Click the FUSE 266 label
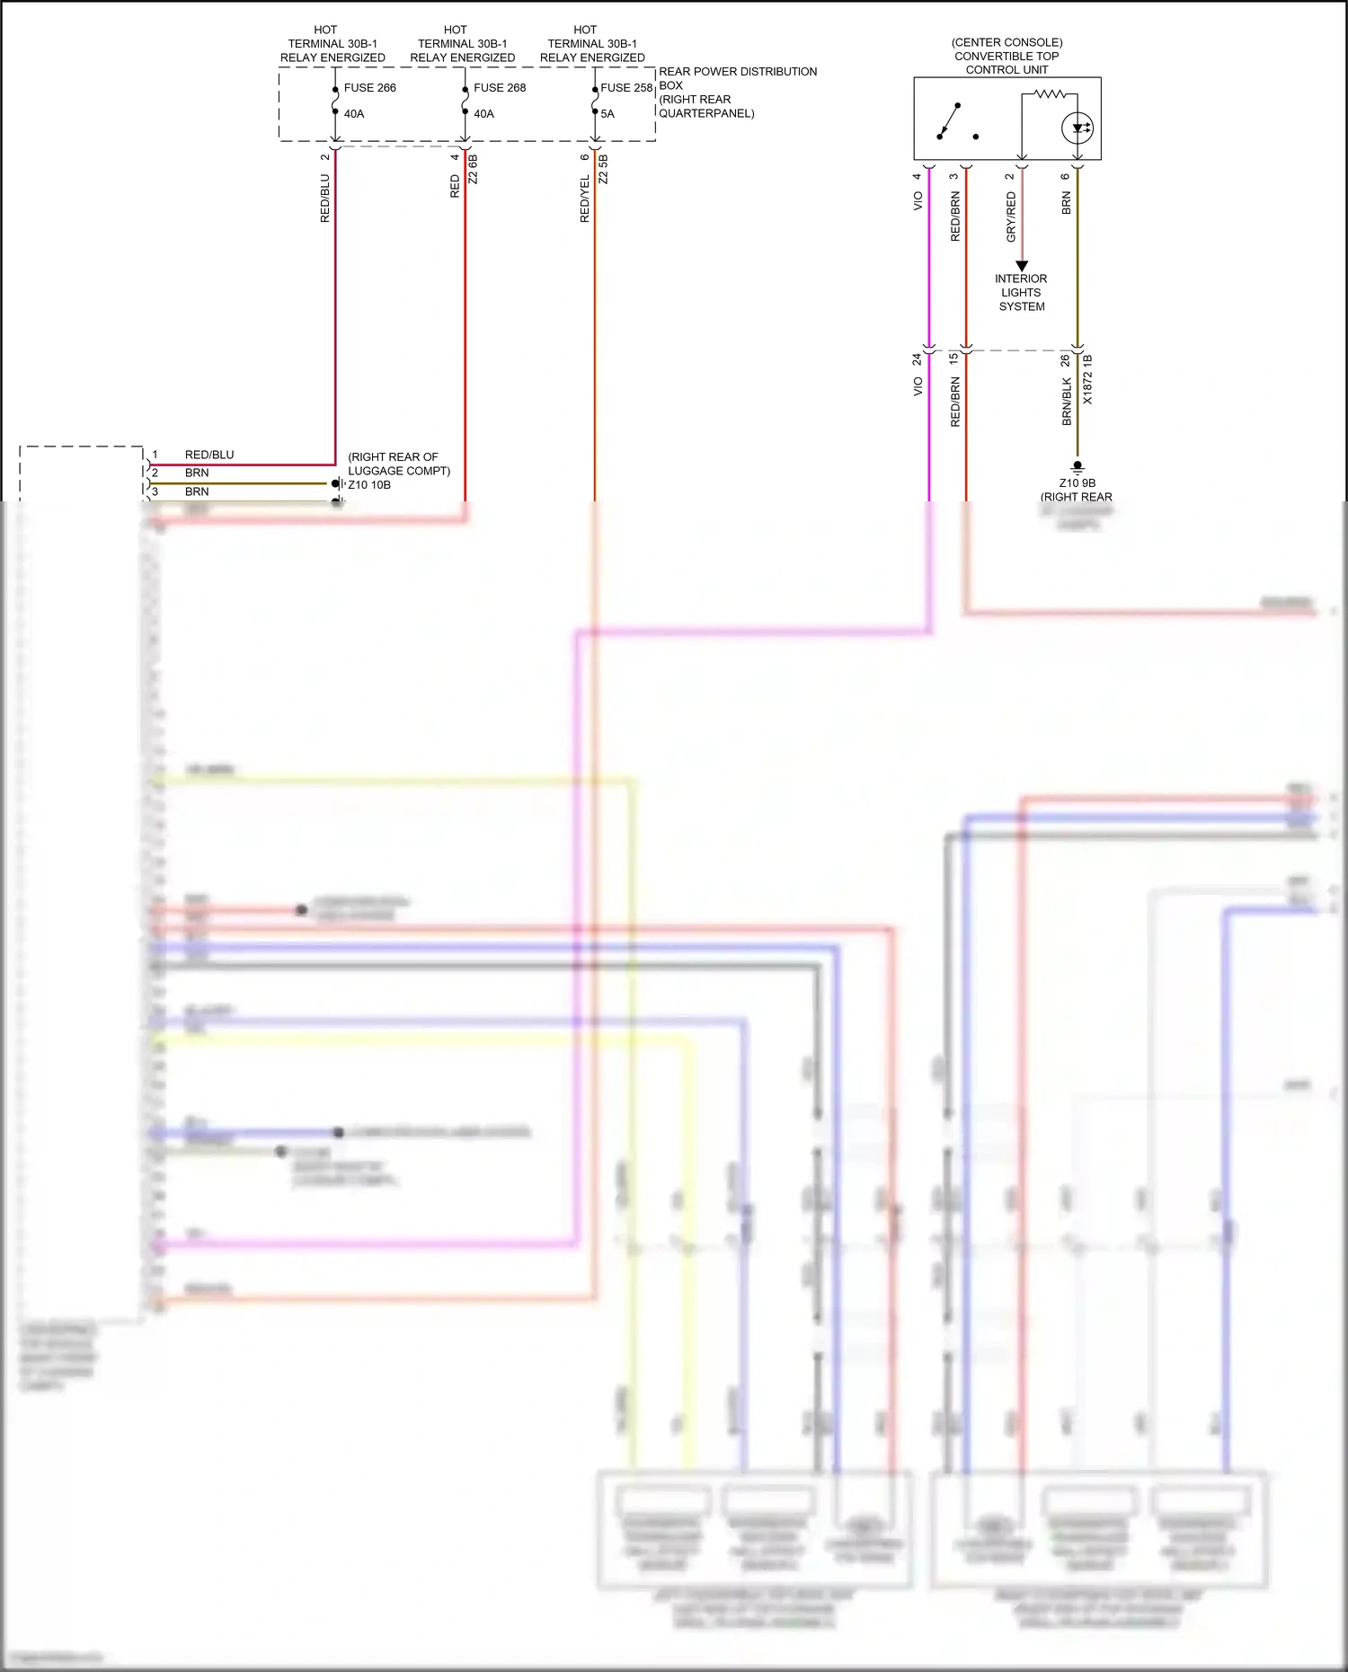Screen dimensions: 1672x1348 click(x=369, y=88)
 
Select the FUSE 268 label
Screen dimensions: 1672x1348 click(x=500, y=88)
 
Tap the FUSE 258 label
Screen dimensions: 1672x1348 click(x=626, y=88)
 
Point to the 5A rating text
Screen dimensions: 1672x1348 click(x=607, y=114)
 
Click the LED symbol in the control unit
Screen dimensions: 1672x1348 click(x=1077, y=128)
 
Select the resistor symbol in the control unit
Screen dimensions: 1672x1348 click(x=1049, y=93)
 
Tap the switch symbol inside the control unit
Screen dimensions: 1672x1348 click(x=951, y=122)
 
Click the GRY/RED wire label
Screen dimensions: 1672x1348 click(x=1011, y=217)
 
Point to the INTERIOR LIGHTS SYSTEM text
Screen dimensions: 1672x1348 click(x=1021, y=293)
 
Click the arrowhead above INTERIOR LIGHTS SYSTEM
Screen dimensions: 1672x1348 click(x=1022, y=266)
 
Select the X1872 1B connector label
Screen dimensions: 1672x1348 click(x=1087, y=380)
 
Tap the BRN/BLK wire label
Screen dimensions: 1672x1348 click(x=1067, y=401)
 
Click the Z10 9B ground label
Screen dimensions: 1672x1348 click(x=1077, y=483)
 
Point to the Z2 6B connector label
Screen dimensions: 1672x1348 click(x=474, y=170)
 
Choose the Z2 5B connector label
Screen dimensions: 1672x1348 click(x=604, y=170)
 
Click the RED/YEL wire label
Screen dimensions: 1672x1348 click(x=585, y=199)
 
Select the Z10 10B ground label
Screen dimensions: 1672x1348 click(x=369, y=485)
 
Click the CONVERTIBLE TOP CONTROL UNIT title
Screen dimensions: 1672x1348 click(x=1007, y=56)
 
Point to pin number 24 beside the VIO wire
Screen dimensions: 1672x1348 click(x=917, y=359)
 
